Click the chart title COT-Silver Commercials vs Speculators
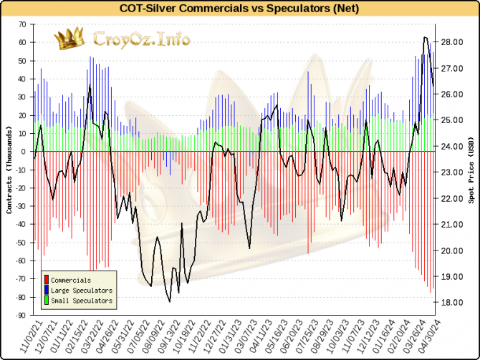[240, 9]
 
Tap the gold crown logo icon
[69, 39]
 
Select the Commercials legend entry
[71, 280]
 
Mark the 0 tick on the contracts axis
[23, 152]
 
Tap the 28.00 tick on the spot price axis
[452, 42]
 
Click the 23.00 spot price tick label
[452, 172]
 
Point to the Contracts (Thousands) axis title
[9, 170]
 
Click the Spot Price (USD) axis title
[471, 170]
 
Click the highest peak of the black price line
[426, 37]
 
